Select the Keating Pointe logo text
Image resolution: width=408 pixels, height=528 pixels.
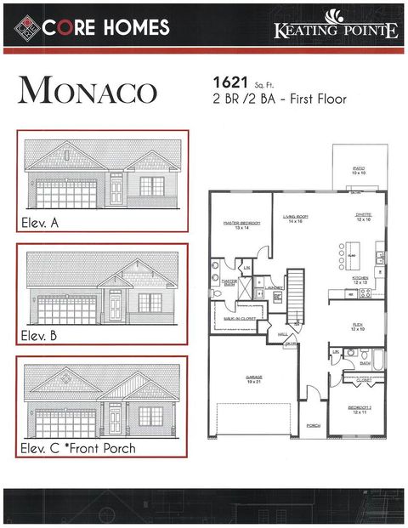coord(336,31)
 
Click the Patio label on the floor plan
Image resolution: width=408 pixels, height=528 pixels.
coord(359,171)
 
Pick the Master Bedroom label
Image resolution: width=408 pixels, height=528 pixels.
coord(241,224)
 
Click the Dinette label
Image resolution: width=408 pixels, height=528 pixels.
coord(364,218)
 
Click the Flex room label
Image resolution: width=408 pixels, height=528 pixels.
coord(358,326)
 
